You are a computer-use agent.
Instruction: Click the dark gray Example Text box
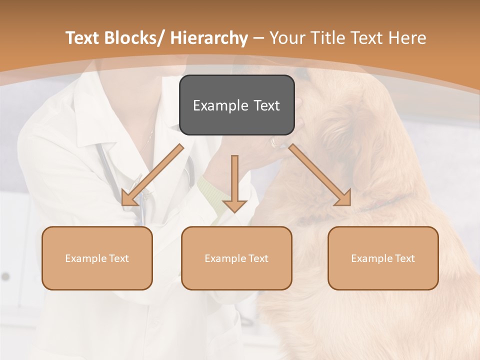[236, 105]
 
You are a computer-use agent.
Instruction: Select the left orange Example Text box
[97, 258]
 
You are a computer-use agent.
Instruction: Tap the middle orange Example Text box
[236, 258]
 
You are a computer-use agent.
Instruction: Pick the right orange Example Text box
[383, 258]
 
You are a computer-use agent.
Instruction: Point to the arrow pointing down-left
[152, 175]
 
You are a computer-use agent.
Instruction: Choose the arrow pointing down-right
[320, 175]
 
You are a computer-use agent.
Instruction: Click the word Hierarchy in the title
[209, 38]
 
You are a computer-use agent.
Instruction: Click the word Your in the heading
[287, 38]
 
